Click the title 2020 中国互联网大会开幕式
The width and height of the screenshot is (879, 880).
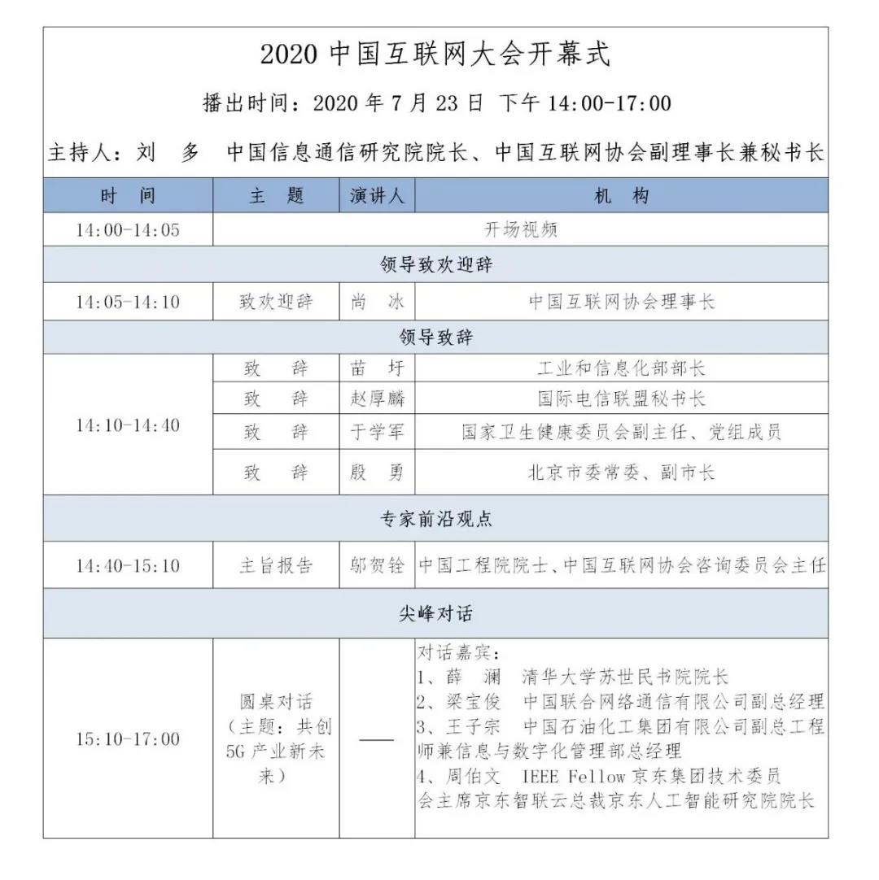435,54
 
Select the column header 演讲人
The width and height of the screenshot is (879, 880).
377,196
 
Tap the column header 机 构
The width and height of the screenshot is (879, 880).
622,196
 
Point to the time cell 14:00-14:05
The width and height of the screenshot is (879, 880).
128,230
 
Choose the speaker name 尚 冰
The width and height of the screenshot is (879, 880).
377,303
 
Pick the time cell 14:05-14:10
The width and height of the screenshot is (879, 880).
128,303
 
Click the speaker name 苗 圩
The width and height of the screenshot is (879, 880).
377,368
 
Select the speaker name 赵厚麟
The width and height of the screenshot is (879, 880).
377,399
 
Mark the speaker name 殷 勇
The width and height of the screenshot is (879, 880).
377,473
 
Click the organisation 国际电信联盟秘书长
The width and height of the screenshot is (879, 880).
622,399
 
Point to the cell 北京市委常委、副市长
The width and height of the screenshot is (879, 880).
622,473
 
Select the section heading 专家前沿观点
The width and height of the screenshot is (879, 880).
435,519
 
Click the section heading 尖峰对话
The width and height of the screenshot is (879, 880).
435,614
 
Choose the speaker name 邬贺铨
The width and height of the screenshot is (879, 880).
377,566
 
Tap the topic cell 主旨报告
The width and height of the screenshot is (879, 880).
276,566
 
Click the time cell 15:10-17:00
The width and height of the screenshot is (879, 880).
128,739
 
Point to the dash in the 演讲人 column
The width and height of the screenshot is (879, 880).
377,740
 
